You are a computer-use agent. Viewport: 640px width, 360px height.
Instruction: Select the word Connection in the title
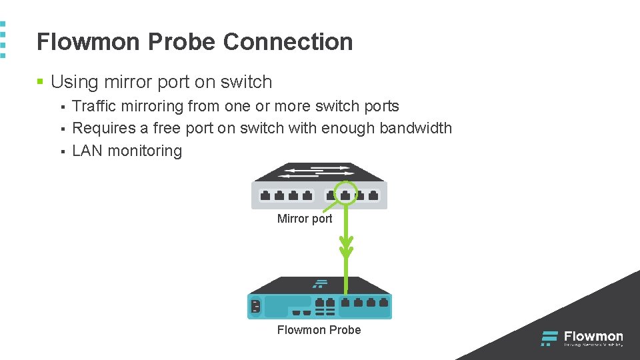pyautogui.click(x=288, y=42)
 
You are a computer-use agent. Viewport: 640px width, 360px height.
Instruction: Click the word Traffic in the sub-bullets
pyautogui.click(x=94, y=107)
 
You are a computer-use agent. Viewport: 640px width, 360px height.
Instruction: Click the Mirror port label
pyautogui.click(x=305, y=219)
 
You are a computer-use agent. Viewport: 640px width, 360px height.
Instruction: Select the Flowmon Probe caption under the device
pyautogui.click(x=319, y=330)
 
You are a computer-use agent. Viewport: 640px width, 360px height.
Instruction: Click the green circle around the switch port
pyautogui.click(x=346, y=193)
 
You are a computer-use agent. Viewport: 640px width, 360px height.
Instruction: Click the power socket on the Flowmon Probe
pyautogui.click(x=255, y=307)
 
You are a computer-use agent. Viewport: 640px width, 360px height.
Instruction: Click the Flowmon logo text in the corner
pyautogui.click(x=593, y=337)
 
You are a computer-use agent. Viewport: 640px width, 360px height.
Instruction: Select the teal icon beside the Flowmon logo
pyautogui.click(x=549, y=339)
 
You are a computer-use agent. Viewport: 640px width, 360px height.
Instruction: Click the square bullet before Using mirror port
pyautogui.click(x=40, y=83)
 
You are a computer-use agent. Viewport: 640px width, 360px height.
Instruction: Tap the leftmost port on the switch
pyautogui.click(x=265, y=196)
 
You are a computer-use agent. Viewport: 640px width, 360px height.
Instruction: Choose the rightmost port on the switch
pyautogui.click(x=373, y=196)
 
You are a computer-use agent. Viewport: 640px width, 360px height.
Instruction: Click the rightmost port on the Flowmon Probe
pyautogui.click(x=383, y=303)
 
